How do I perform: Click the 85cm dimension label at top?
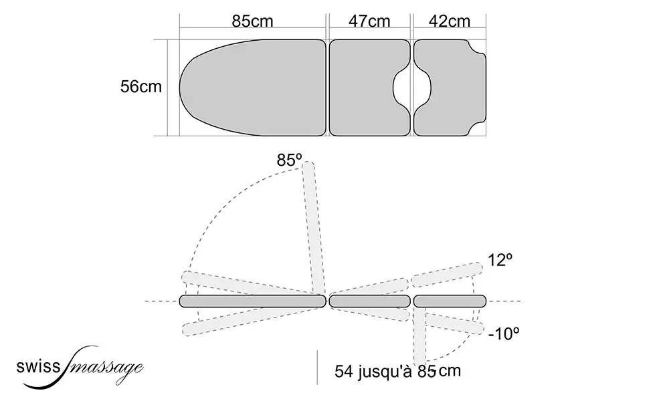(x=252, y=21)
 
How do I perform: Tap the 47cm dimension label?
(x=369, y=21)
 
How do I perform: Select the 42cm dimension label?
(x=450, y=21)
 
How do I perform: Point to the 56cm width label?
(x=141, y=88)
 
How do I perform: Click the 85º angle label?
(x=289, y=160)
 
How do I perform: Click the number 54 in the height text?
(x=345, y=371)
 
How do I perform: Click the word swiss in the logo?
(x=39, y=366)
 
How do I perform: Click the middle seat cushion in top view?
(x=365, y=88)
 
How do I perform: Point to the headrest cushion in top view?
(x=455, y=88)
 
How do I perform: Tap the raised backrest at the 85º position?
(x=314, y=227)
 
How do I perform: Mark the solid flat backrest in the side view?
(x=253, y=301)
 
